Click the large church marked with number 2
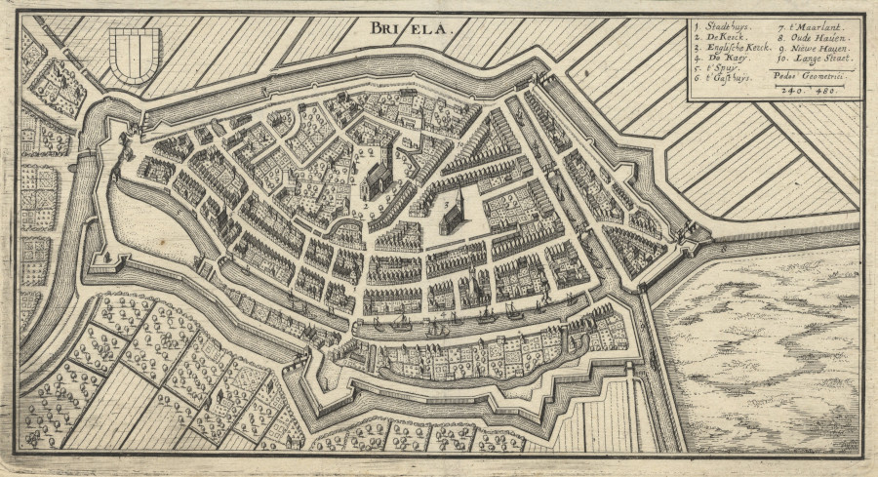[379, 176]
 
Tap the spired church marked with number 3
[454, 213]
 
